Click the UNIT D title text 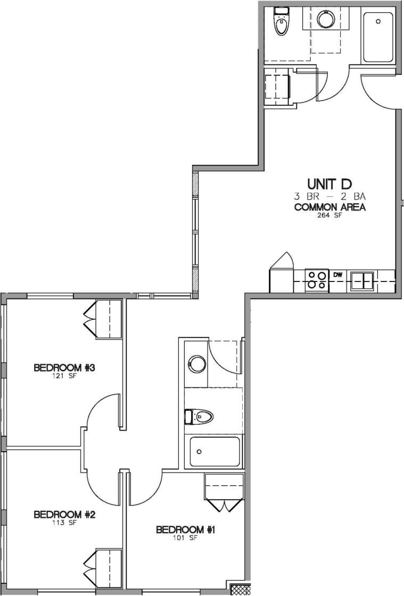tap(329, 184)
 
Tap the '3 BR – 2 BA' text tap(329, 197)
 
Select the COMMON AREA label tap(329, 207)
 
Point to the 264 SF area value tap(329, 216)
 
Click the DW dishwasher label tap(337, 275)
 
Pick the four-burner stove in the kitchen tap(316, 279)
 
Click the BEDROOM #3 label tap(64, 368)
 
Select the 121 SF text tap(64, 376)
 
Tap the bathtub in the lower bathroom tap(213, 452)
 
